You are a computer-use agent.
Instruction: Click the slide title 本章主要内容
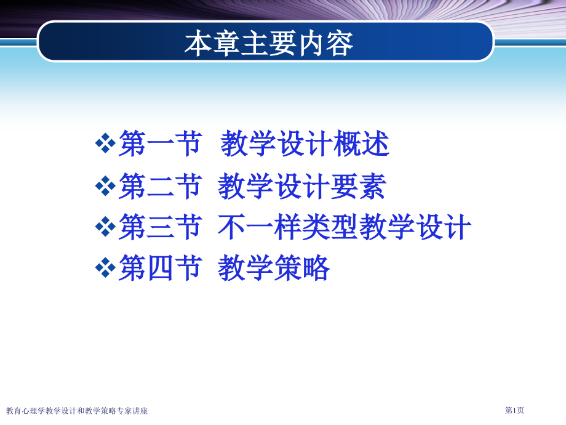click(x=269, y=43)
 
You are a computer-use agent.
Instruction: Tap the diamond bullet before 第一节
click(x=105, y=144)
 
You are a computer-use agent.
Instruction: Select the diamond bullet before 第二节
click(x=105, y=186)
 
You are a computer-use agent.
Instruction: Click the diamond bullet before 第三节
click(x=105, y=227)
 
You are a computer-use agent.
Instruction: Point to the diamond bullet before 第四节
click(x=105, y=268)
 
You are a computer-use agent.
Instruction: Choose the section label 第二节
click(x=161, y=186)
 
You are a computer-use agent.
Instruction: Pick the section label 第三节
click(x=161, y=227)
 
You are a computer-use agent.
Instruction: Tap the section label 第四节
click(x=161, y=268)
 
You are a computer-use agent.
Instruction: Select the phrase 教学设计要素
click(x=302, y=186)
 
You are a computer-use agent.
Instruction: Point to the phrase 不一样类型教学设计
click(x=345, y=227)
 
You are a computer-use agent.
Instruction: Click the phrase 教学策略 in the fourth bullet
click(x=274, y=268)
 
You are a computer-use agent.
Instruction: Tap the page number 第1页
click(x=514, y=410)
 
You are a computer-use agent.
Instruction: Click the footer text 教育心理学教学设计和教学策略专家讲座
click(x=77, y=411)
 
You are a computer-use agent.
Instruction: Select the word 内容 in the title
click(x=325, y=43)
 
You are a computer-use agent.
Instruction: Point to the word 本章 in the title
click(x=212, y=43)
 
